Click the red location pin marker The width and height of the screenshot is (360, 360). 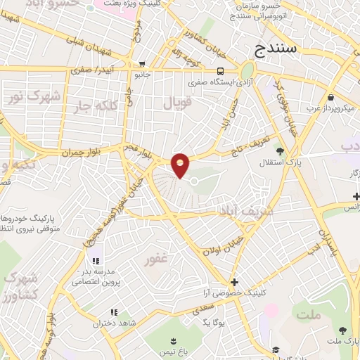(x=181, y=165)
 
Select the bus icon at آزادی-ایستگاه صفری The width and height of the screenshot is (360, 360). (x=221, y=70)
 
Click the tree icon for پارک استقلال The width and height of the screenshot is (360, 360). (x=281, y=150)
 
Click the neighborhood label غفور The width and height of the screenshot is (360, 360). (x=155, y=259)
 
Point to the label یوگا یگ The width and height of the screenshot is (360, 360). (x=212, y=321)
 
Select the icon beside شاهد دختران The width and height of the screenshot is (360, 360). (x=112, y=312)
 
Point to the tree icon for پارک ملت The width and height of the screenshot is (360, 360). (x=342, y=330)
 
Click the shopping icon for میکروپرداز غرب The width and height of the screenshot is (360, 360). (x=330, y=97)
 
